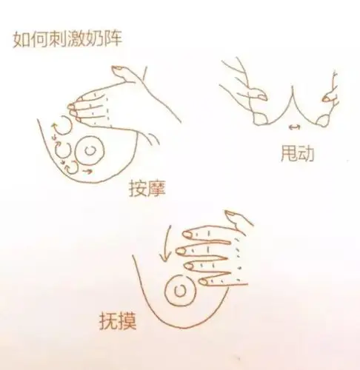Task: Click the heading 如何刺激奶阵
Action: click(66, 38)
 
